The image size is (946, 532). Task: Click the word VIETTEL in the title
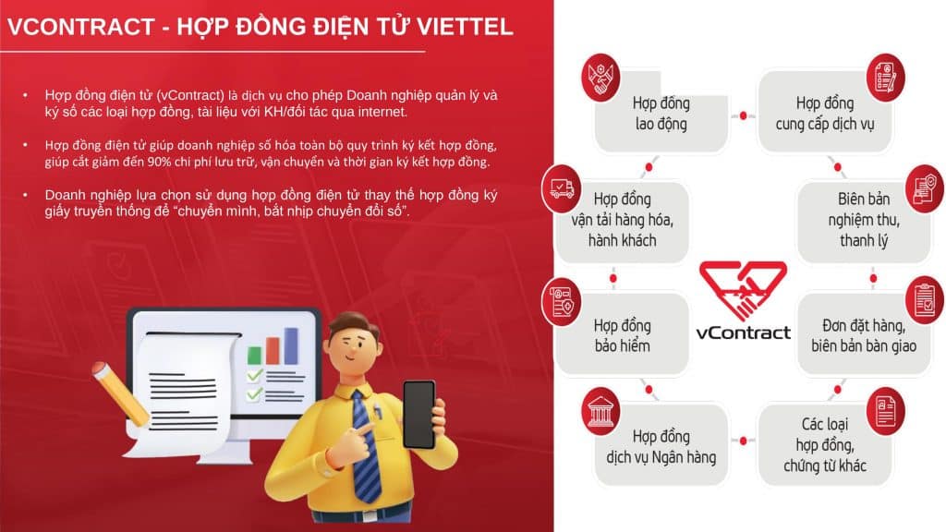465,27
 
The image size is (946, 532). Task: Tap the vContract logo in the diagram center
743,300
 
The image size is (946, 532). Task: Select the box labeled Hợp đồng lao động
661,112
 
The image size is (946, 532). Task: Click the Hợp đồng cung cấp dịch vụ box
825,112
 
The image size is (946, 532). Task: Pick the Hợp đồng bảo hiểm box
622,334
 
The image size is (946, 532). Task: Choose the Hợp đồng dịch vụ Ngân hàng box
661,445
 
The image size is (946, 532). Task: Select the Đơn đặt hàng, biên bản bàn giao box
864,334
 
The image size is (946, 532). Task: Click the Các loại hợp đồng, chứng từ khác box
825,445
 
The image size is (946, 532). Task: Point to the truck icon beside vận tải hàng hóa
562,188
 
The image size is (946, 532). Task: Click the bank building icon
600,411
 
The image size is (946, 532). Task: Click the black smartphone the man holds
419,415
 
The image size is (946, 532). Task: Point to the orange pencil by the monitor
121,393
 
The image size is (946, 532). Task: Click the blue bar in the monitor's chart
291,345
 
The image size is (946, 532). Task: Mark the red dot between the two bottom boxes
744,441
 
